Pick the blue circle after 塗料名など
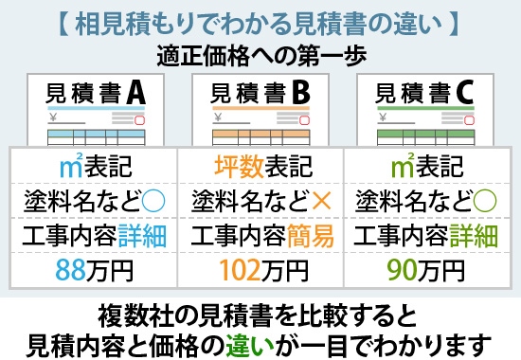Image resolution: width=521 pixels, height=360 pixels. pos(151,202)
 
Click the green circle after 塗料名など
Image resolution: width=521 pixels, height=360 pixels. pos(484,202)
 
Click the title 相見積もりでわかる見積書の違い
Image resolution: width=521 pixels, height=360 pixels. pos(260,20)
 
